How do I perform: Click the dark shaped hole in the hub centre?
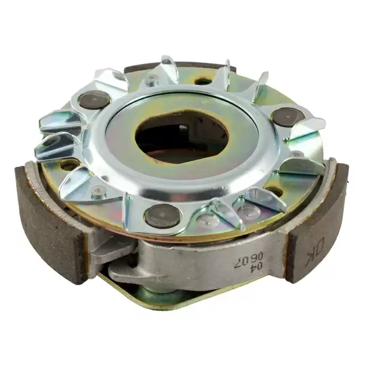pyautogui.click(x=182, y=138)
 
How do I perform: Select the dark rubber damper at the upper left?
pyautogui.click(x=94, y=100)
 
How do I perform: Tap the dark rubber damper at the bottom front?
pyautogui.click(x=163, y=216)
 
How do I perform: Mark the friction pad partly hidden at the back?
pyautogui.click(x=179, y=67)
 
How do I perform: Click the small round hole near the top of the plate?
pyautogui.click(x=203, y=81)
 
